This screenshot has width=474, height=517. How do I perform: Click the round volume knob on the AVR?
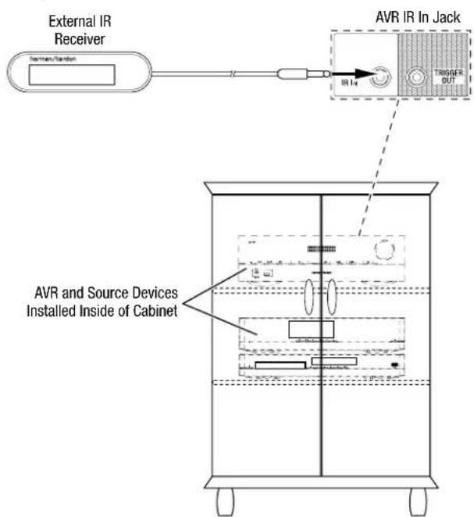pyautogui.click(x=384, y=251)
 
